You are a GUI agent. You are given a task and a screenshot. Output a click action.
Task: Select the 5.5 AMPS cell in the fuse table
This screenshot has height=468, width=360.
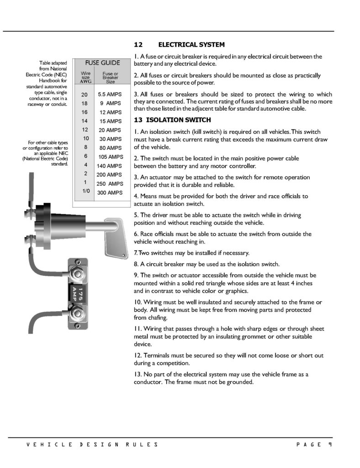point(109,95)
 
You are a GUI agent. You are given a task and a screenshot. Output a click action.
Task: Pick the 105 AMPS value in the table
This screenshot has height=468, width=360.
point(111,157)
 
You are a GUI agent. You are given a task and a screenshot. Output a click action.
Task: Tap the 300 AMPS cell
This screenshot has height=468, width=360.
point(110,192)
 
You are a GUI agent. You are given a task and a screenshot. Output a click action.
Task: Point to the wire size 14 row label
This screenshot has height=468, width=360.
point(85,121)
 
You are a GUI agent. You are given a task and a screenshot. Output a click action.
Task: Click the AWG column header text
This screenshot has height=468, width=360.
point(85,81)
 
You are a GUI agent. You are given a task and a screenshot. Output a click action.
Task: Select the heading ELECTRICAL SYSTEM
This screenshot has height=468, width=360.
point(191,45)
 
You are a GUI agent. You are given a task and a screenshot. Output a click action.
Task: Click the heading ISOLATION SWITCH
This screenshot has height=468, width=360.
point(185,120)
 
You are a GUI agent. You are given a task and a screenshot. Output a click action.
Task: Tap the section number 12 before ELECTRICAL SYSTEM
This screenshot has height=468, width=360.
point(138,45)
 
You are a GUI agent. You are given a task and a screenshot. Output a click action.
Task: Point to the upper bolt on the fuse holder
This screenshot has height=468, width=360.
point(79,275)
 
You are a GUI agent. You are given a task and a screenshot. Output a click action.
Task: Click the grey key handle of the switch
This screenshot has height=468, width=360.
point(113,237)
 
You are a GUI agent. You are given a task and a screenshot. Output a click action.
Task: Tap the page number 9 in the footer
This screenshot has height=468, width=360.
point(329,445)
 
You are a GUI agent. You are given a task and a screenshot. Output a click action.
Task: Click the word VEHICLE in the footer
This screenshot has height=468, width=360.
point(44,445)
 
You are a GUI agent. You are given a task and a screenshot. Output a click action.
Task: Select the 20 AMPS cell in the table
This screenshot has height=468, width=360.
point(110,130)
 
